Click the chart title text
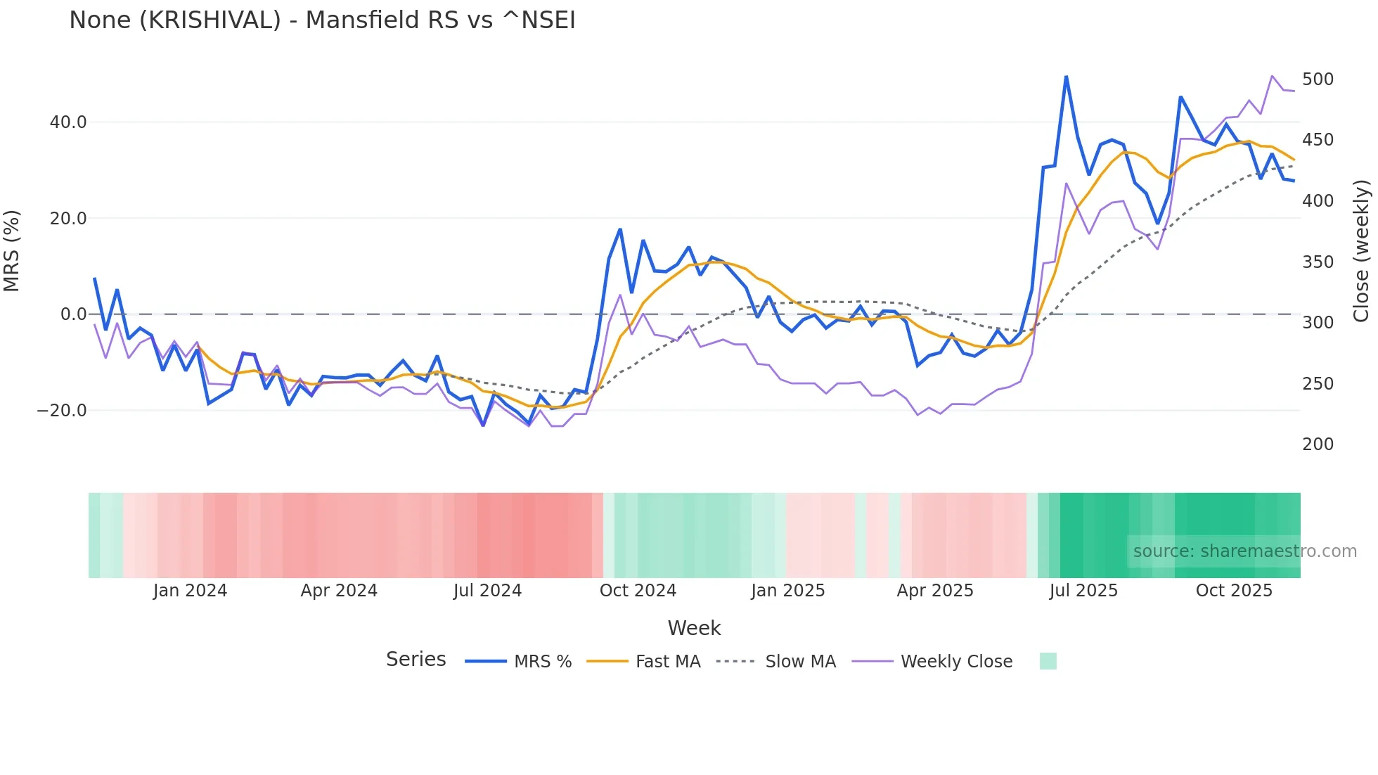(322, 20)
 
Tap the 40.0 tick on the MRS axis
(68, 122)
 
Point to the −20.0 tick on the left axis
(62, 411)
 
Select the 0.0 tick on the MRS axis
(73, 314)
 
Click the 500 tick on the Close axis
(1318, 79)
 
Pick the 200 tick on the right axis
(1318, 444)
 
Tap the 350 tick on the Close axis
(1318, 262)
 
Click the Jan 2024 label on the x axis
(190, 591)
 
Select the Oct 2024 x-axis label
(638, 591)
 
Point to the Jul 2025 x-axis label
(1083, 591)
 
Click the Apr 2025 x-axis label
(935, 591)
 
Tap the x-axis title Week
(694, 628)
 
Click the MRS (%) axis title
(12, 251)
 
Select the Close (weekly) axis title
(1361, 251)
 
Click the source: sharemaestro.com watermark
(1244, 551)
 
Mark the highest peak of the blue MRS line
(1066, 77)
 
